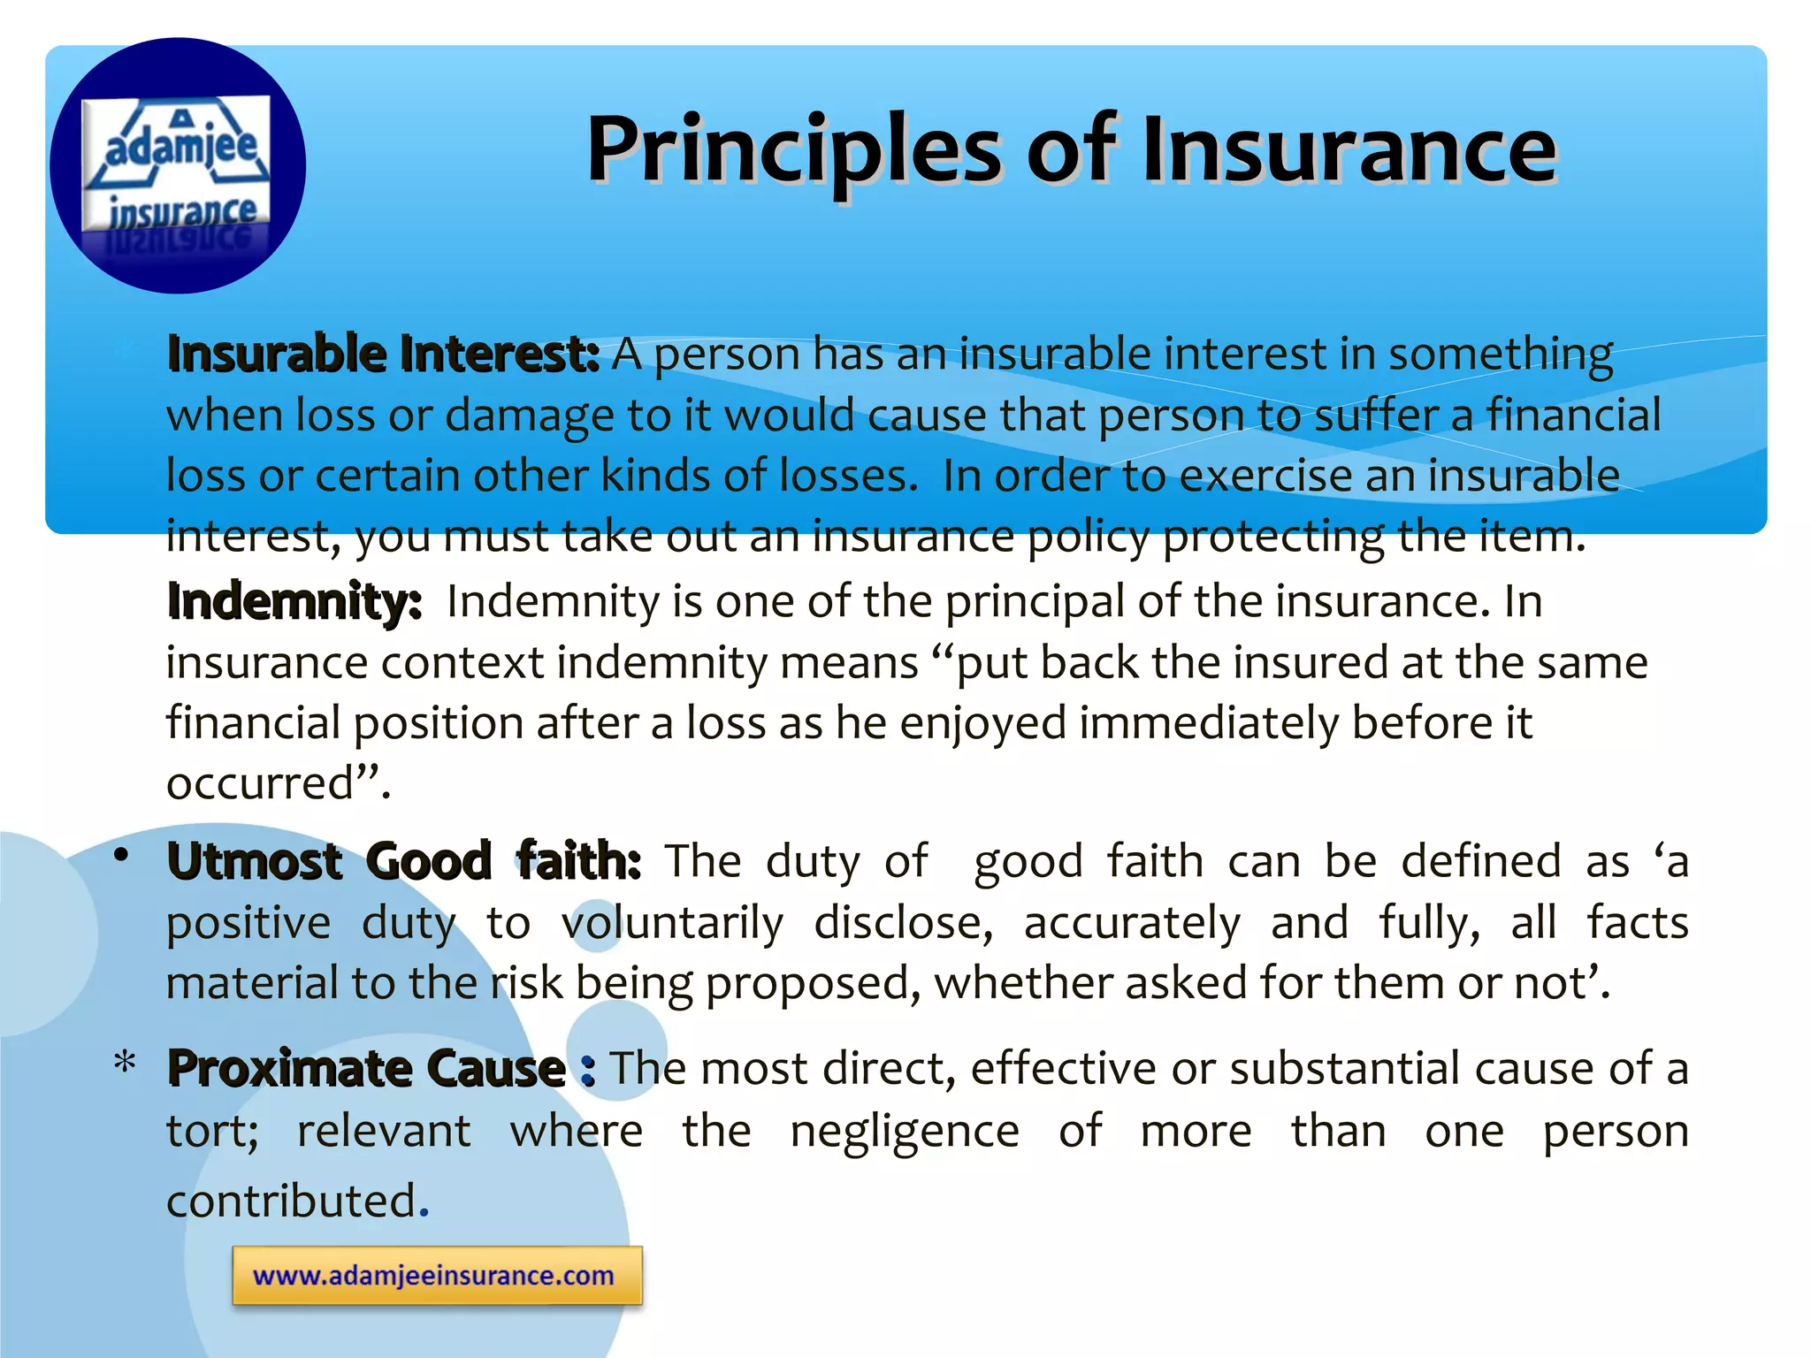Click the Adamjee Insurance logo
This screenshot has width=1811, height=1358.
point(177,165)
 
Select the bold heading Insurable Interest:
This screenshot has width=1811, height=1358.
point(383,355)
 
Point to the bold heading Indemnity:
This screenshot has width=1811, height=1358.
point(294,602)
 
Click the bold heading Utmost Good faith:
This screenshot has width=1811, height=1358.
point(403,861)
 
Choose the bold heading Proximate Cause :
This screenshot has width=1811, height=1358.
point(380,1069)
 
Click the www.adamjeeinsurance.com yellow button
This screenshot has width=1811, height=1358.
point(437,1276)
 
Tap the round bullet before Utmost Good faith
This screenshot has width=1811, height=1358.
point(122,856)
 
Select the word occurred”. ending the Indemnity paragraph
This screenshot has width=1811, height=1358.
point(278,783)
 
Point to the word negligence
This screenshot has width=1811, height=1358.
point(904,1132)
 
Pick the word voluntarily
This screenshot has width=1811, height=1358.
point(672,924)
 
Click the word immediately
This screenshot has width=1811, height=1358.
point(1208,722)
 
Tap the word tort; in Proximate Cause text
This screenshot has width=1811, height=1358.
point(212,1132)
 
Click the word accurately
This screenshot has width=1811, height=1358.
point(1132,924)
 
